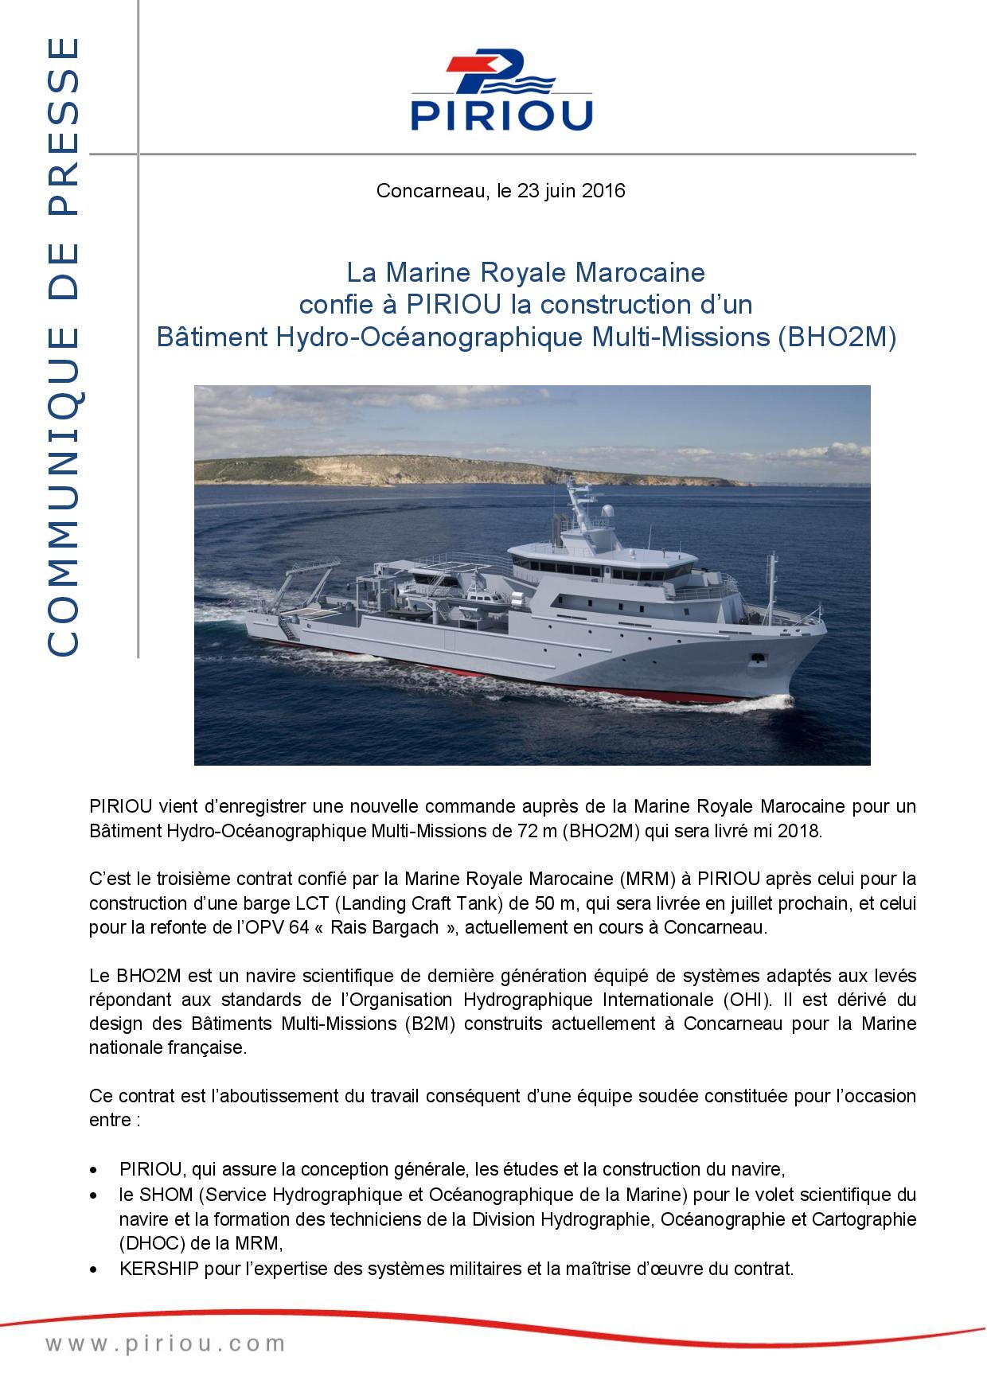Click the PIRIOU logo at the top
(x=501, y=92)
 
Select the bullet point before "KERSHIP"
(x=96, y=1269)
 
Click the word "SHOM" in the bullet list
(x=161, y=1195)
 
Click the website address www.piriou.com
(x=165, y=1344)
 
